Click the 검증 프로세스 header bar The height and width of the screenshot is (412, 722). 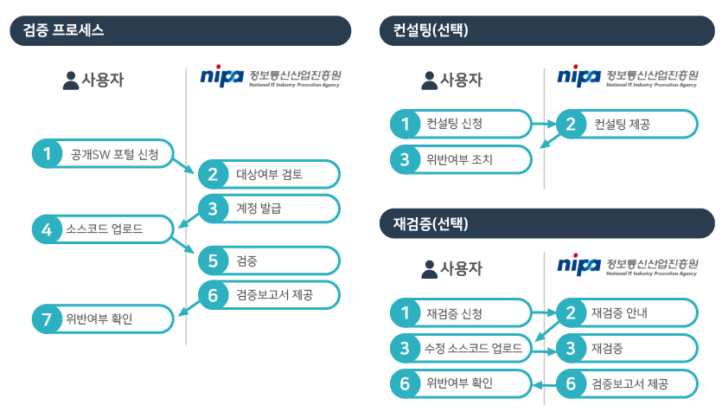point(180,30)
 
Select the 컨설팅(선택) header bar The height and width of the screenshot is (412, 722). point(547,30)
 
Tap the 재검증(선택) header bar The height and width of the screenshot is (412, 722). point(547,223)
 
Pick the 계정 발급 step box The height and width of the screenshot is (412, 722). point(268,208)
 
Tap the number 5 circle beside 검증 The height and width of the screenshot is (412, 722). point(213,261)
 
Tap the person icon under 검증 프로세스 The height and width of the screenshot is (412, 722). point(71,80)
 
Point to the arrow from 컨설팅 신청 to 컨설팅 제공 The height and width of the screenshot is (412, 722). point(542,124)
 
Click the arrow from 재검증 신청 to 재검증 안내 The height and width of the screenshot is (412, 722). point(542,312)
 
